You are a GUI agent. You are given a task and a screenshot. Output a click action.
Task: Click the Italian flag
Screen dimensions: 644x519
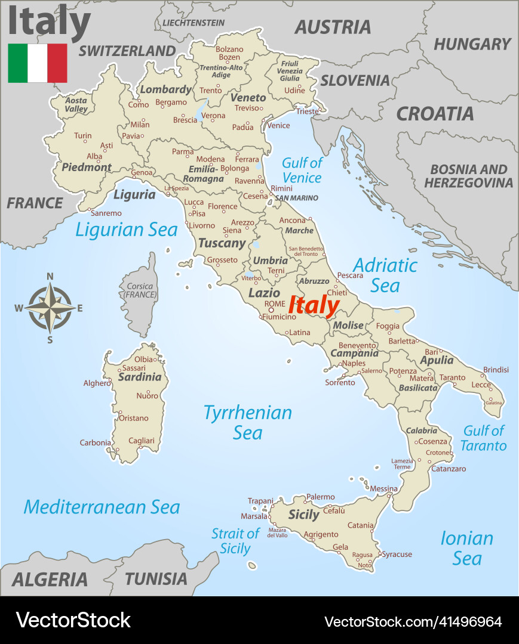pyautogui.click(x=37, y=63)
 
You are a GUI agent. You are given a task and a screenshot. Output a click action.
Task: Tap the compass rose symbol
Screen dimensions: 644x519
pyautogui.click(x=50, y=308)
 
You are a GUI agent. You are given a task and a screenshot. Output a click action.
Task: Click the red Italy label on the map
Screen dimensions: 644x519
pyautogui.click(x=314, y=306)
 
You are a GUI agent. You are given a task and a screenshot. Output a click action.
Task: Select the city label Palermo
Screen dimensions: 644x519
pyautogui.click(x=320, y=497)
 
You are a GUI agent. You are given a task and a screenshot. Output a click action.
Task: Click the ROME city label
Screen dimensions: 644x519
pyautogui.click(x=275, y=304)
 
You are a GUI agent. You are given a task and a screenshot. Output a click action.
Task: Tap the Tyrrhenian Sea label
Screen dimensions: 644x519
pyautogui.click(x=247, y=422)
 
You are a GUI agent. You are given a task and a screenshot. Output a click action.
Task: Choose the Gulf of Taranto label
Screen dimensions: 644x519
pyautogui.click(x=484, y=438)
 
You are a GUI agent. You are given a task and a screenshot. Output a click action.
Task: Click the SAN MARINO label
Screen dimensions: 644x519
pyautogui.click(x=296, y=198)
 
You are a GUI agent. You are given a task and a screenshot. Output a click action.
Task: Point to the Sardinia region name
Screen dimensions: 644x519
pyautogui.click(x=139, y=377)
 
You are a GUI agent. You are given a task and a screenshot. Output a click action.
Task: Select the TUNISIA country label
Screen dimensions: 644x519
pyautogui.click(x=156, y=578)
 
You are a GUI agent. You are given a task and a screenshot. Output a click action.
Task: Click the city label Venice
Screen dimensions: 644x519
pyautogui.click(x=278, y=126)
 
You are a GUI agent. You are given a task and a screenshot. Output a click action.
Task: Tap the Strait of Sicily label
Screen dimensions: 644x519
pyautogui.click(x=235, y=541)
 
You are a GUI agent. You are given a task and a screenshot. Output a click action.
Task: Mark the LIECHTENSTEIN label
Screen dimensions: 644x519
pyautogui.click(x=194, y=23)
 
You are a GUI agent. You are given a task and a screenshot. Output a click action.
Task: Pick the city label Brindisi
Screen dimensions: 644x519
pyautogui.click(x=496, y=370)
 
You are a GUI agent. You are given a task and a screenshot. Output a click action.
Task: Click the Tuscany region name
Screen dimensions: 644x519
pyautogui.click(x=222, y=243)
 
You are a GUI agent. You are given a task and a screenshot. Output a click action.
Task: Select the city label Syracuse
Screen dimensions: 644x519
pyautogui.click(x=397, y=555)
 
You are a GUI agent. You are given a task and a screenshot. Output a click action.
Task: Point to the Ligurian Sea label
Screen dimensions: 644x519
pyautogui.click(x=127, y=230)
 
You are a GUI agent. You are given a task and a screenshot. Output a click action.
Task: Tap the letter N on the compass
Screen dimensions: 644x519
pyautogui.click(x=50, y=276)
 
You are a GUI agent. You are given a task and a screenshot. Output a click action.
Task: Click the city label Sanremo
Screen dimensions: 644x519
pyautogui.click(x=106, y=213)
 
